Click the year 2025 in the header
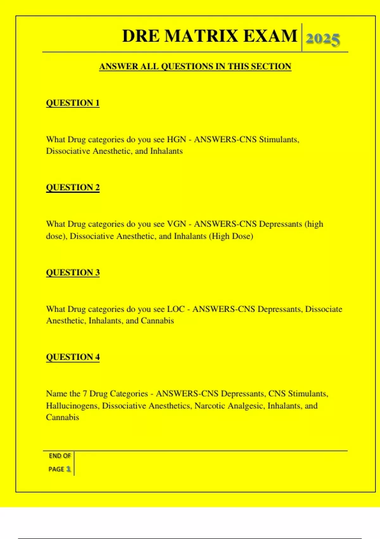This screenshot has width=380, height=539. pyautogui.click(x=323, y=39)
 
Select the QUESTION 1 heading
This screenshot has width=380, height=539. pyautogui.click(x=73, y=103)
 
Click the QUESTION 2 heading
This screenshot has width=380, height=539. pyautogui.click(x=73, y=187)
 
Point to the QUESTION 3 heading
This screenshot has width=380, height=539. pyautogui.click(x=73, y=272)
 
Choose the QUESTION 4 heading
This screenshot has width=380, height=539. pyautogui.click(x=73, y=357)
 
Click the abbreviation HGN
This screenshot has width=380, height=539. pyautogui.click(x=176, y=140)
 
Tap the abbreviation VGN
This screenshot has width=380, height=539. pyautogui.click(x=176, y=224)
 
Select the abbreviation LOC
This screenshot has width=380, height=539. pyautogui.click(x=176, y=309)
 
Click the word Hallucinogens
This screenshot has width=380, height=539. pyautogui.click(x=73, y=406)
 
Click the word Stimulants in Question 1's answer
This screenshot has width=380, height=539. pyautogui.click(x=279, y=140)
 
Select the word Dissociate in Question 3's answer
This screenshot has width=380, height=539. pyautogui.click(x=324, y=309)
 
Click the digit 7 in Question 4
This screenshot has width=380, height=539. pyautogui.click(x=85, y=394)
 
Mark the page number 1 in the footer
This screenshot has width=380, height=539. pyautogui.click(x=68, y=469)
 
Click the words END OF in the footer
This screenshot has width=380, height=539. pyautogui.click(x=60, y=456)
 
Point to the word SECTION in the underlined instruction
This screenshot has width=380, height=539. pyautogui.click(x=271, y=67)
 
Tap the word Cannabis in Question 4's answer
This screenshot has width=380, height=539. pyautogui.click(x=62, y=418)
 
